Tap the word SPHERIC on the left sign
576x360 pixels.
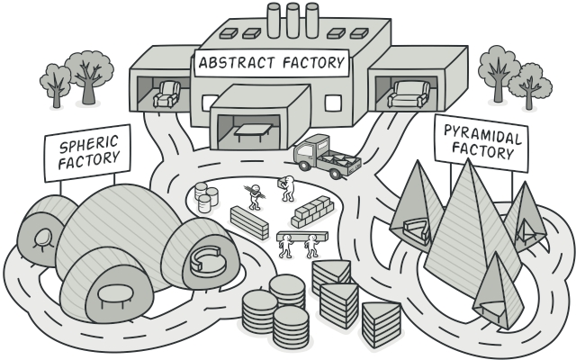(x=87, y=147)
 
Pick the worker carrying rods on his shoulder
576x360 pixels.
(x=255, y=195)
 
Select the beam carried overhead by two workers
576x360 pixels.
(x=299, y=236)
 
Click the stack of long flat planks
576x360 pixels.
(x=249, y=221)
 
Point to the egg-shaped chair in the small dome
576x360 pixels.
(x=41, y=238)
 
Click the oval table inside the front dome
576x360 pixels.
(x=112, y=293)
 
